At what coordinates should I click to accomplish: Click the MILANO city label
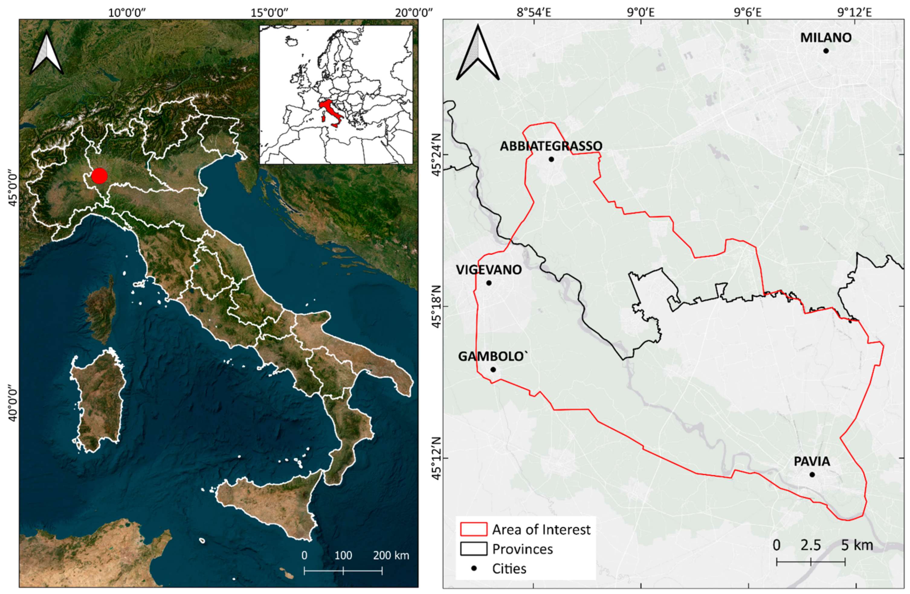(x=826, y=37)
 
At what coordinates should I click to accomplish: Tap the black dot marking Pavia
(x=812, y=474)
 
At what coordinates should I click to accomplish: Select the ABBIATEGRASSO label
(x=551, y=146)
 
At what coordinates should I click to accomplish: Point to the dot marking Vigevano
(x=489, y=283)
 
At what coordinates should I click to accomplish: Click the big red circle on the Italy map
(x=100, y=176)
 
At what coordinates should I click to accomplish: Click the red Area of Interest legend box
(x=474, y=529)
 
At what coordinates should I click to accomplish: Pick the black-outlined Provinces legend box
(x=474, y=548)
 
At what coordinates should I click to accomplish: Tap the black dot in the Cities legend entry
(x=474, y=568)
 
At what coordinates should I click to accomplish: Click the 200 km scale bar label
(x=391, y=555)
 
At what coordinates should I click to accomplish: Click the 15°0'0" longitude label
(x=269, y=13)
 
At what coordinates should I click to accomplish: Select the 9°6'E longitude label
(x=747, y=13)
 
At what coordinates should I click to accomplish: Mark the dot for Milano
(x=826, y=51)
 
